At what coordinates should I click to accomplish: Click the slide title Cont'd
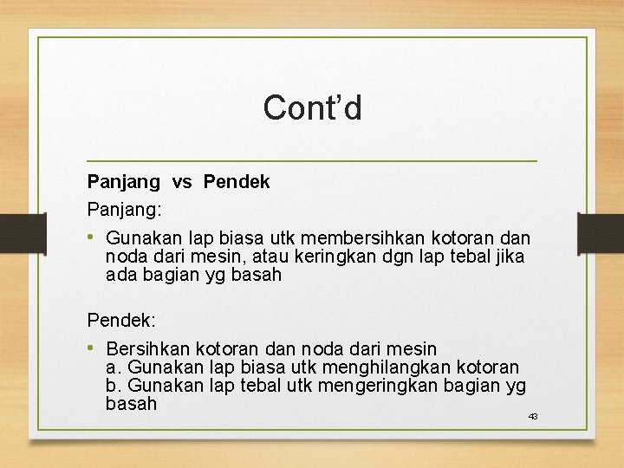tap(312, 108)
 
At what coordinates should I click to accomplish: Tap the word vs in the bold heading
tap(182, 182)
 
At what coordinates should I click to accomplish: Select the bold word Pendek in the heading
tap(237, 182)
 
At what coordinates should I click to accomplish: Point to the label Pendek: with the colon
tap(121, 320)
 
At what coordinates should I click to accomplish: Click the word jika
tap(509, 257)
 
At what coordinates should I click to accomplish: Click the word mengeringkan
tap(379, 386)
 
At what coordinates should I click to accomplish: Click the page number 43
tap(533, 417)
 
